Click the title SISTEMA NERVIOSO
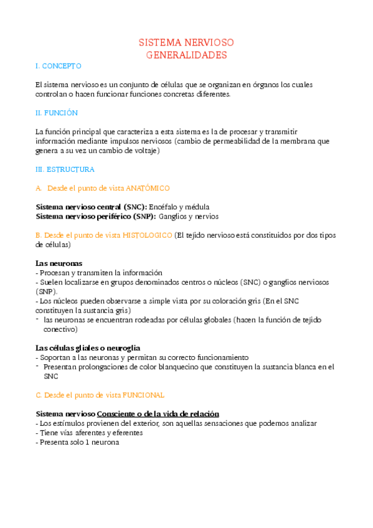click(186, 43)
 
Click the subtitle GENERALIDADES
click(186, 55)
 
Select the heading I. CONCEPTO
click(59, 66)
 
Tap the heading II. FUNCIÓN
click(57, 113)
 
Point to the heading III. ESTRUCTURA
click(65, 169)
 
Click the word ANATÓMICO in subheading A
click(148, 188)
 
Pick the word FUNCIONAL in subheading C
click(144, 395)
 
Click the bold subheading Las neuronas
click(59, 263)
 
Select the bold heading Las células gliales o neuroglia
click(88, 347)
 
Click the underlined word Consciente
click(116, 413)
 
